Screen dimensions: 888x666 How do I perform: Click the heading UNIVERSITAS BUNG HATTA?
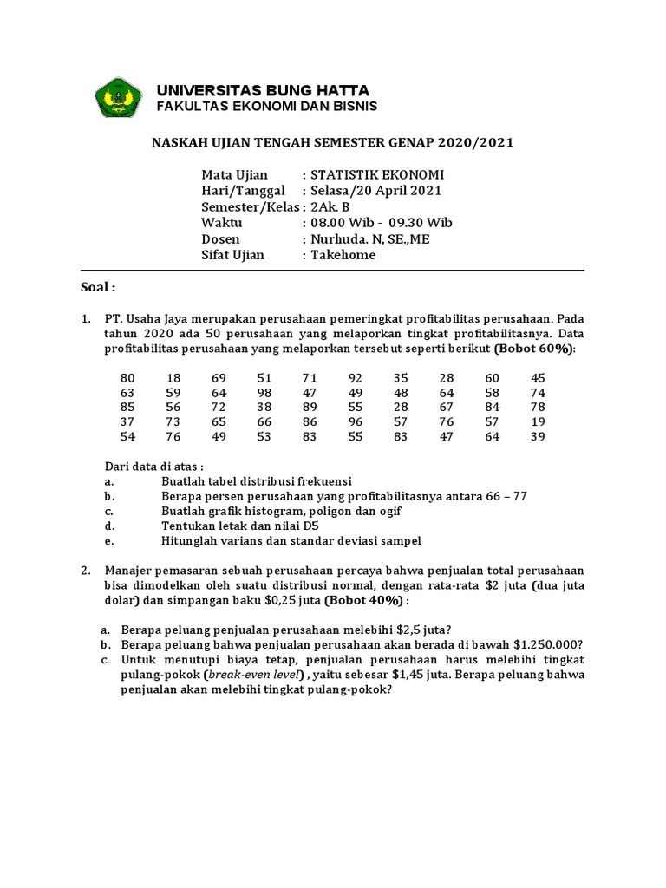coord(262,90)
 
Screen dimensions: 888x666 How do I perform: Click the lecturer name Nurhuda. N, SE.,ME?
coord(369,239)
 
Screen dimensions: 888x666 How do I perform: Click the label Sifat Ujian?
coord(233,255)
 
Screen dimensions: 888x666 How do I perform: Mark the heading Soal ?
coord(98,287)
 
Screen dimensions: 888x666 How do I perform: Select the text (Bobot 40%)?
coord(362,601)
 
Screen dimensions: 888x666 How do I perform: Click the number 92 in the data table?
coord(356,378)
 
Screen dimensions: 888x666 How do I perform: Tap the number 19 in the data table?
coord(538,421)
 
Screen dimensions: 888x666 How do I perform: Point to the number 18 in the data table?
coord(173,378)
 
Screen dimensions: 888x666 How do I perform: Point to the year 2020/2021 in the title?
coord(475,142)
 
